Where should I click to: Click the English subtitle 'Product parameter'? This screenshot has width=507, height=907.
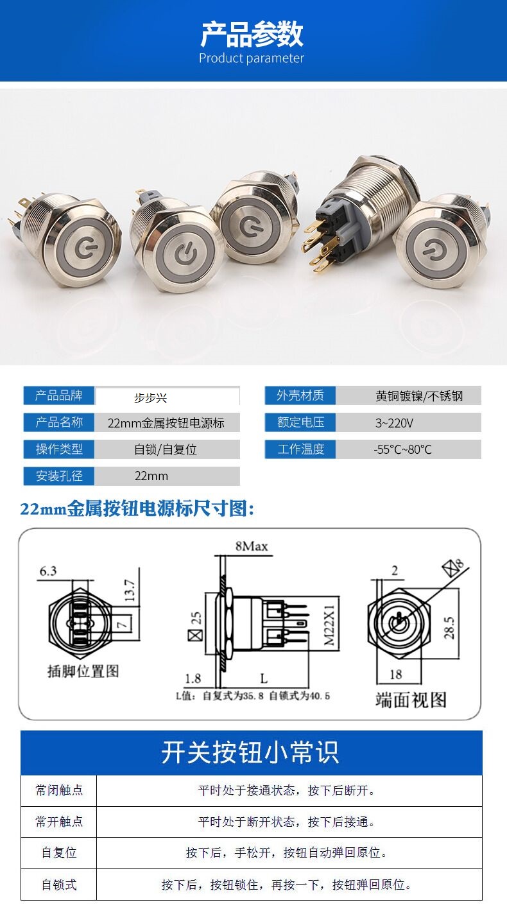[251, 58]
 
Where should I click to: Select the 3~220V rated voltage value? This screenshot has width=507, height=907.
[394, 423]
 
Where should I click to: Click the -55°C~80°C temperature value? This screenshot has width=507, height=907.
[402, 449]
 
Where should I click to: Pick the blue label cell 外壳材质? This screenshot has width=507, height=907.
[300, 395]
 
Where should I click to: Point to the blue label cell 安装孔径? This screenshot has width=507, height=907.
[58, 476]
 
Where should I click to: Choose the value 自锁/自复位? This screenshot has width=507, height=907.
[166, 449]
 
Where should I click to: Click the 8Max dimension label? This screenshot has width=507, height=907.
[252, 546]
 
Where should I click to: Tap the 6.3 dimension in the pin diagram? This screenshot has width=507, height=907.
[47, 571]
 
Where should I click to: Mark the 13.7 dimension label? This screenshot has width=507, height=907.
[130, 590]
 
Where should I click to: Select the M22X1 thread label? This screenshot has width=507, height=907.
[329, 625]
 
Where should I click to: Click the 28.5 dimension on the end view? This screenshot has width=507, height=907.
[449, 628]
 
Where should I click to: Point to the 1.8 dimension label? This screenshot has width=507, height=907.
[193, 678]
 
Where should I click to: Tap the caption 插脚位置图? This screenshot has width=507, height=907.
[83, 671]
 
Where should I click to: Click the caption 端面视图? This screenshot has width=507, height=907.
[411, 700]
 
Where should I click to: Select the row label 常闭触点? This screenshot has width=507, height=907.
[59, 790]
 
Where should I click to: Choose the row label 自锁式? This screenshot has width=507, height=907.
[59, 885]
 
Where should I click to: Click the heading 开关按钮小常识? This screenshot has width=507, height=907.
[250, 752]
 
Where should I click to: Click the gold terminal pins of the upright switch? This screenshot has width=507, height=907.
[320, 246]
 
